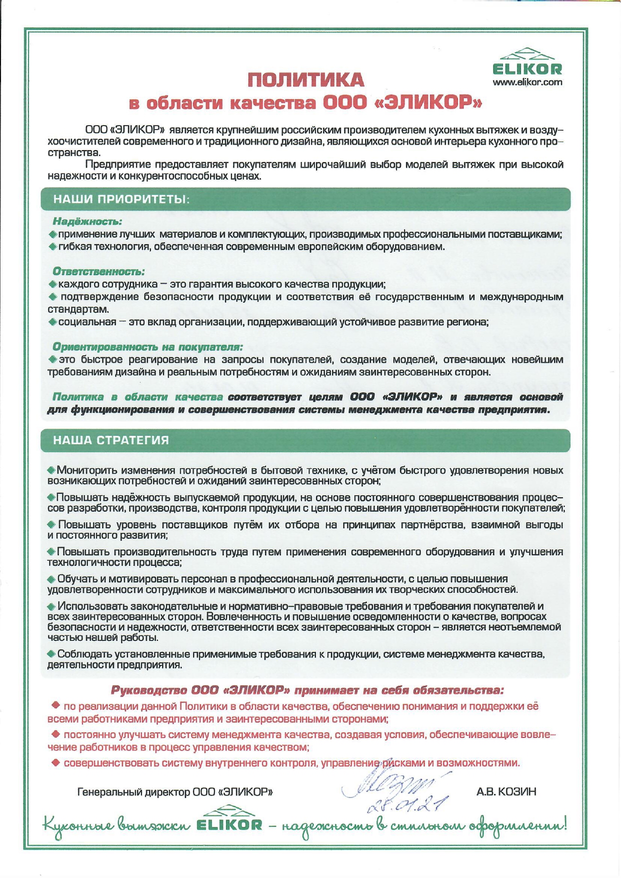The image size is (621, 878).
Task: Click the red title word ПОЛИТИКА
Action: point(306,80)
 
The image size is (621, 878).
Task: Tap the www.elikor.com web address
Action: point(527,83)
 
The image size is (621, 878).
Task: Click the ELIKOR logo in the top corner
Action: point(527,63)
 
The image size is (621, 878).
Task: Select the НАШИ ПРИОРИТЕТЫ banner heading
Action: point(121,200)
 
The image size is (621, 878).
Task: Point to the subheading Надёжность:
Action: point(87,221)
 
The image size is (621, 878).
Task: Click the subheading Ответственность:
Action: point(98,272)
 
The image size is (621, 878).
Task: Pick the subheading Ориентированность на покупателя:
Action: point(147,347)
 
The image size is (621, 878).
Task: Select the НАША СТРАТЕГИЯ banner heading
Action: point(111,440)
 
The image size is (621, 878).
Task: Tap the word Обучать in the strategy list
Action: point(78,579)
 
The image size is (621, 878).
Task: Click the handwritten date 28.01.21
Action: point(407,804)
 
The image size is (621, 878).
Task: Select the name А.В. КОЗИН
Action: point(506,792)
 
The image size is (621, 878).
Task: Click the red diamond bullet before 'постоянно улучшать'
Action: point(56,734)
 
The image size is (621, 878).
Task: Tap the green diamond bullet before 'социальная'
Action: point(53,322)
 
